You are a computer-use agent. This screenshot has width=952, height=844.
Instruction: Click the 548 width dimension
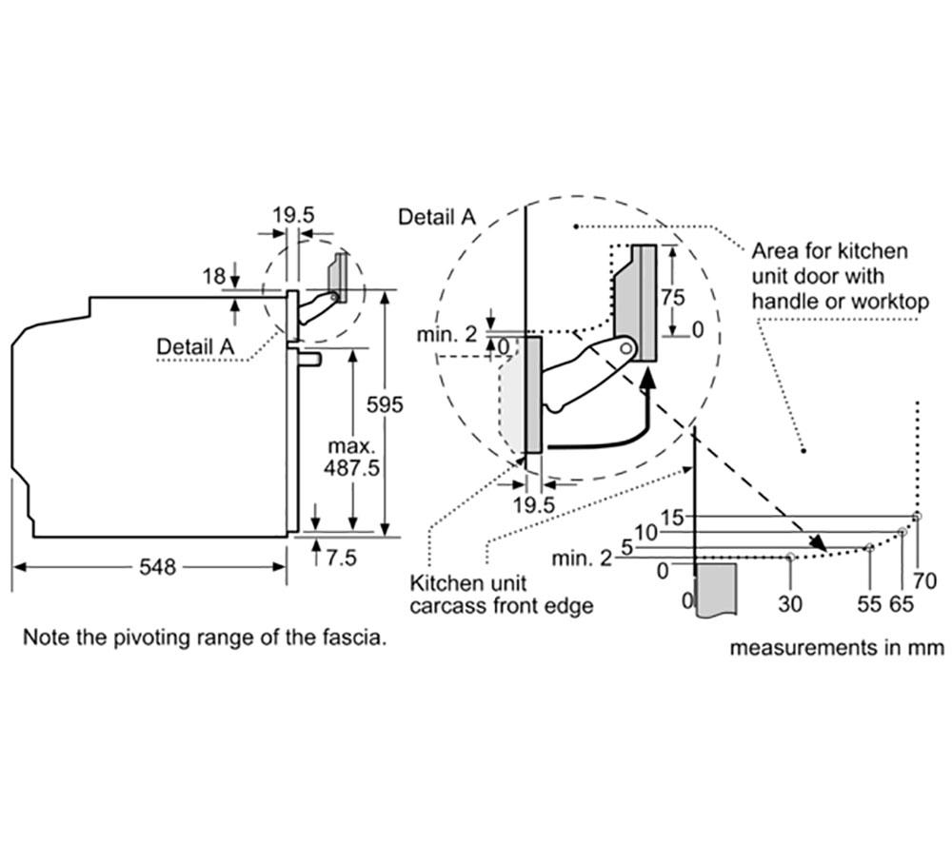tap(157, 567)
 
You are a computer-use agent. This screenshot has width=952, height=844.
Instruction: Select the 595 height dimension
tap(385, 404)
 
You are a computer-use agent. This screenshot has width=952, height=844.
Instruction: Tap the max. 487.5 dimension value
tap(351, 457)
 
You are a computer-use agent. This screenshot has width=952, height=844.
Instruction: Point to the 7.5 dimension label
tap(341, 558)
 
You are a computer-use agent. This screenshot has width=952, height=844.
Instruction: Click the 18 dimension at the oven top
tap(213, 277)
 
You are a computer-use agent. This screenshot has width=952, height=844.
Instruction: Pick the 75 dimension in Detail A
tap(672, 297)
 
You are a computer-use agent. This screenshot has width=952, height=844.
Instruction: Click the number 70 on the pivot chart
tap(924, 580)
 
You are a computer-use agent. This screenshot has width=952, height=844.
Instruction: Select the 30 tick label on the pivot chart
tap(790, 603)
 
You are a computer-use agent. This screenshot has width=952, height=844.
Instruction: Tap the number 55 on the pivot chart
tap(869, 603)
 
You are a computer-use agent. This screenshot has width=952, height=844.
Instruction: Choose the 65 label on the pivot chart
tap(902, 603)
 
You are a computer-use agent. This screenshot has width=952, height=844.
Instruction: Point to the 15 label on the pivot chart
tap(671, 518)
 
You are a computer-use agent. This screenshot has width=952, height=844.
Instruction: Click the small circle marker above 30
tap(790, 557)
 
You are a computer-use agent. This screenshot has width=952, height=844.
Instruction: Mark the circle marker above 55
tap(869, 547)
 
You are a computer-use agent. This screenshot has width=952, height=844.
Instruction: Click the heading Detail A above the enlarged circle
tap(437, 217)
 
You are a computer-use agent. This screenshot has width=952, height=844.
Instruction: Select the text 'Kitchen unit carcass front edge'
tap(501, 594)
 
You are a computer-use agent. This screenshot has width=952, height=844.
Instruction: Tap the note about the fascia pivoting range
tap(204, 638)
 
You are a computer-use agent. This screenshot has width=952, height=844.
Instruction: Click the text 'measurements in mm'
tap(837, 647)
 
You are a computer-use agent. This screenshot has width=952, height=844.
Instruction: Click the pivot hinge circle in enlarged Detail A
tap(627, 348)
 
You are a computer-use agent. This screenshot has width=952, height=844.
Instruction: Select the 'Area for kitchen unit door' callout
tap(841, 276)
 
